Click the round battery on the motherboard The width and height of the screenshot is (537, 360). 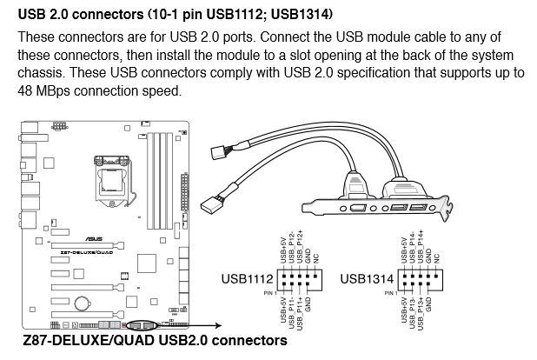(81, 303)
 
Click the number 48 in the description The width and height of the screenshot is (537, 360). (27, 90)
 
